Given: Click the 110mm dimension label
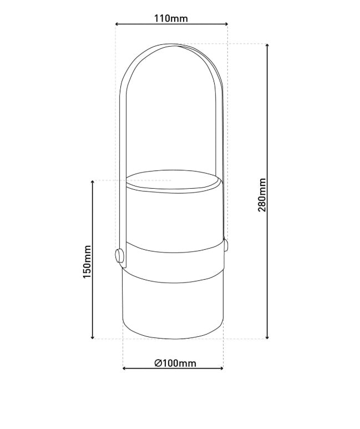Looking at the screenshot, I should (x=171, y=18).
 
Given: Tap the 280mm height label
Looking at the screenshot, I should (x=262, y=194).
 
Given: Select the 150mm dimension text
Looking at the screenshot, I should (x=88, y=262).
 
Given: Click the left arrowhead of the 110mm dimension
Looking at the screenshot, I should (x=118, y=24).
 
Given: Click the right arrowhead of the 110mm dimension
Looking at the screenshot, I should (x=225, y=24).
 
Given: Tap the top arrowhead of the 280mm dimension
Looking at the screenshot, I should (x=268, y=46).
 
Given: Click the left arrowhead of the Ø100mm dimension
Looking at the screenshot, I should (x=125, y=368).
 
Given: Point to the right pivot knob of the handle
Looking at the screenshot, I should (x=226, y=245).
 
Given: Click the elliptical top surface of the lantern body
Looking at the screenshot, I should (x=172, y=181).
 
